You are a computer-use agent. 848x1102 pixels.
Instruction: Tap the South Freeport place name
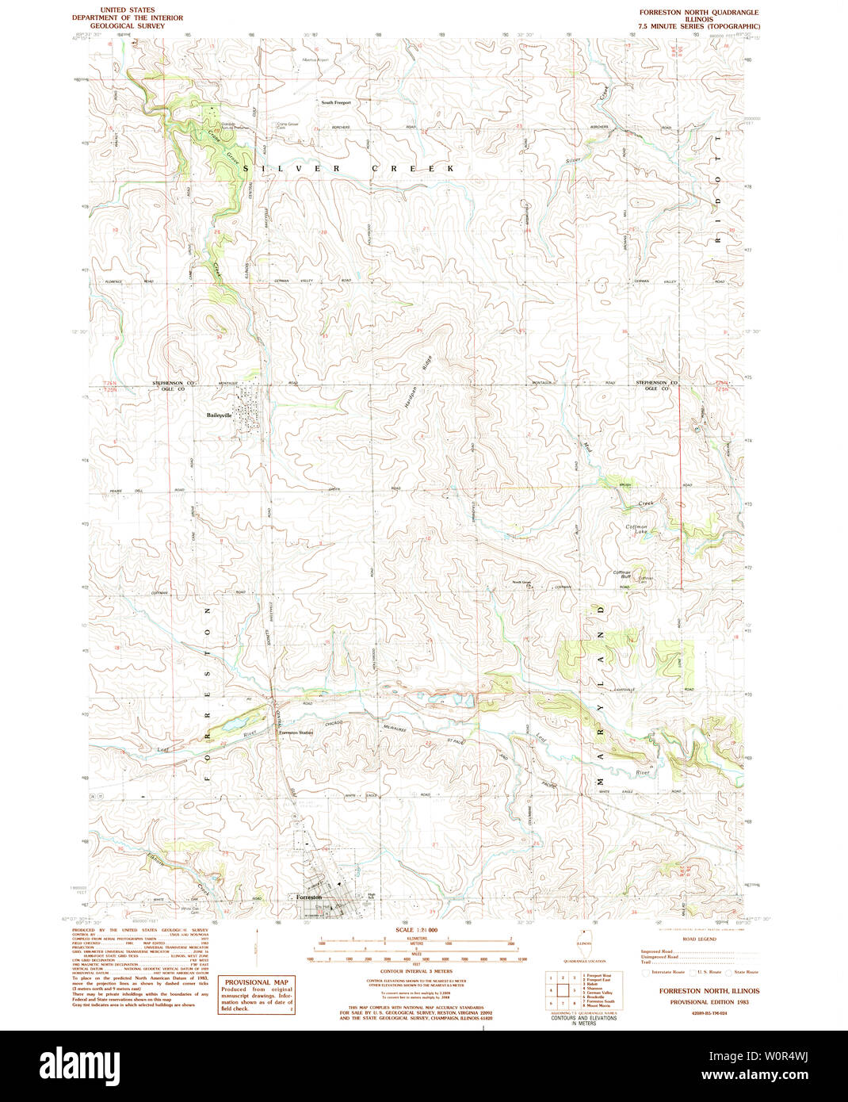click(x=335, y=102)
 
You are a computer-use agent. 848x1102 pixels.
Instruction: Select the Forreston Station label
click(x=296, y=733)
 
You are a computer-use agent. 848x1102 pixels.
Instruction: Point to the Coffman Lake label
click(x=636, y=529)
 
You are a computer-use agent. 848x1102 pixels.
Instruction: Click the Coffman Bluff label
click(x=621, y=574)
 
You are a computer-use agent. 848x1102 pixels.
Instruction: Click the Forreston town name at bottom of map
click(x=308, y=897)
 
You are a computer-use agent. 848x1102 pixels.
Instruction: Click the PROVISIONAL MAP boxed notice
click(x=256, y=994)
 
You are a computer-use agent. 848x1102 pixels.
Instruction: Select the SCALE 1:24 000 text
click(x=416, y=929)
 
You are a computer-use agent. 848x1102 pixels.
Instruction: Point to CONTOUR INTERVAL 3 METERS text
click(x=416, y=971)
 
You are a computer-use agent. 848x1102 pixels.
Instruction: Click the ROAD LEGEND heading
click(x=699, y=939)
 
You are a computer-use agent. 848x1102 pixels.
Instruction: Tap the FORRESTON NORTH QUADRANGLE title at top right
click(x=699, y=13)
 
